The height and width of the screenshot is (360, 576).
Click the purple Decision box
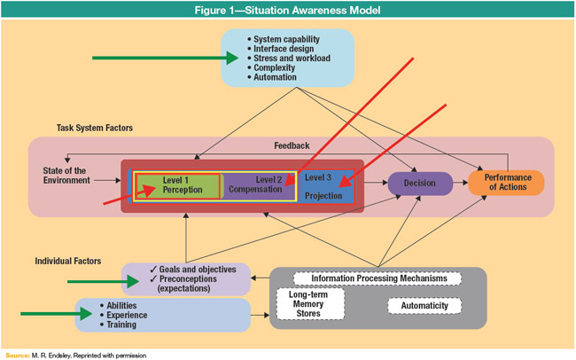point(420,184)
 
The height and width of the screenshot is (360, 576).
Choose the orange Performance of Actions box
point(505,183)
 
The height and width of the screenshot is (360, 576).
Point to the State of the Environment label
point(66,175)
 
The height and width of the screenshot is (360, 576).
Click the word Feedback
point(292,145)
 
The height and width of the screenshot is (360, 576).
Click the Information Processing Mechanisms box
point(378,278)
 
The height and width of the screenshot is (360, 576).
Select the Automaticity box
point(424,306)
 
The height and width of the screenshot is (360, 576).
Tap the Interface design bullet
point(285,49)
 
